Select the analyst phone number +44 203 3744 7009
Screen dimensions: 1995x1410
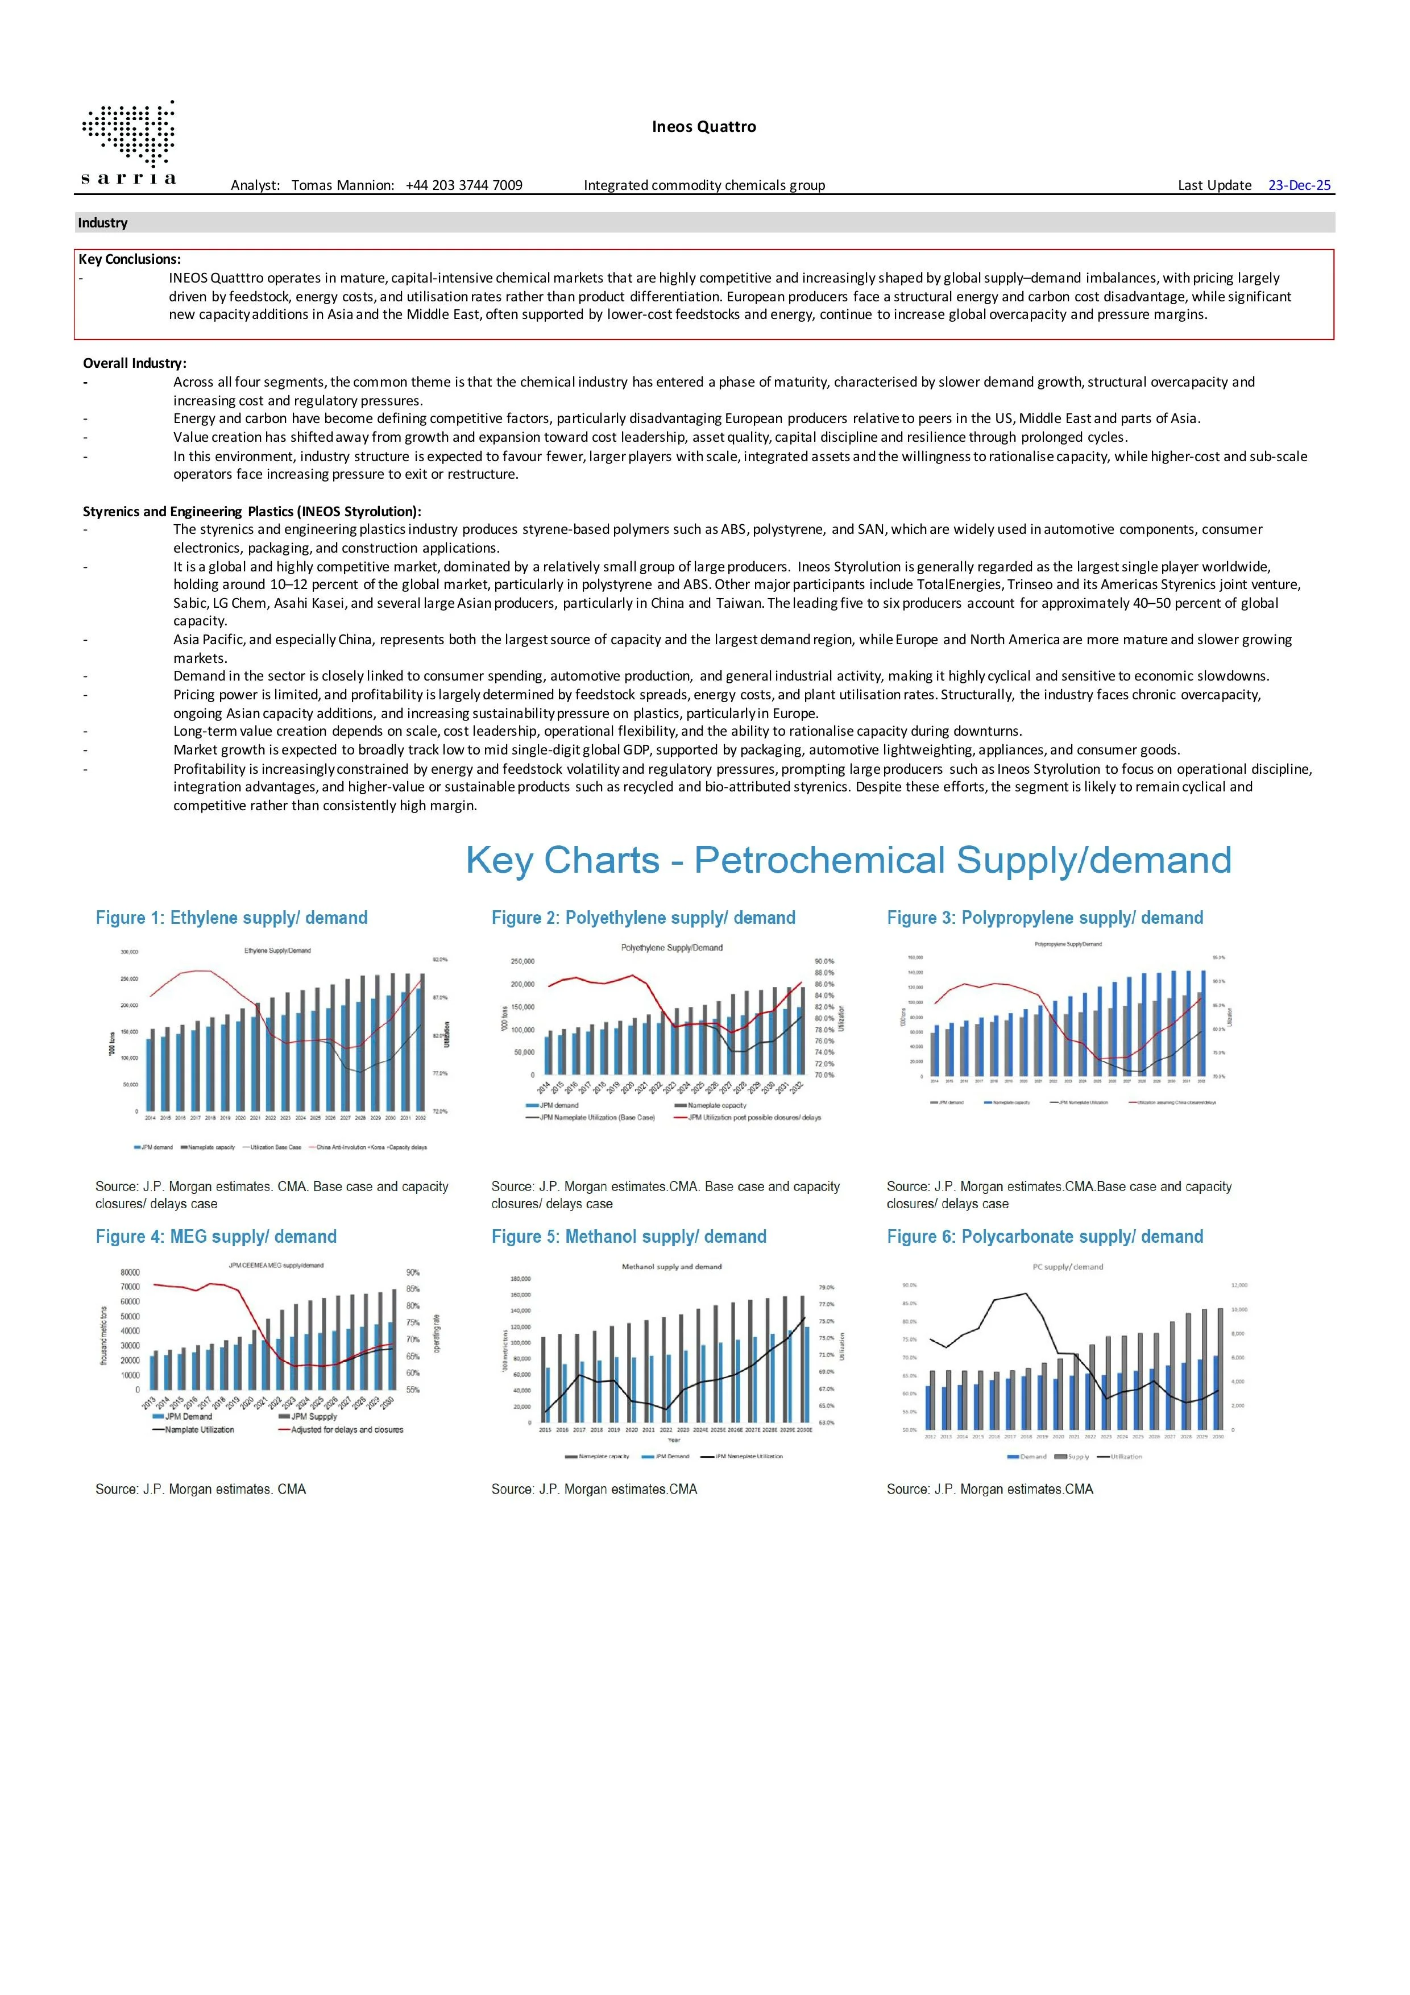(464, 185)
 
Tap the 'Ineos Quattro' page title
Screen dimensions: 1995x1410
(704, 127)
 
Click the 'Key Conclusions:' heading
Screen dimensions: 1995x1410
(130, 259)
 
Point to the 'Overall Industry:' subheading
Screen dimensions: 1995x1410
(135, 363)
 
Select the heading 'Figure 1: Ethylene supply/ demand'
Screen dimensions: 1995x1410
(231, 918)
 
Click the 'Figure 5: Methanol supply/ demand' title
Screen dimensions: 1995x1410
(629, 1237)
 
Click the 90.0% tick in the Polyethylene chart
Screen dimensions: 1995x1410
(824, 962)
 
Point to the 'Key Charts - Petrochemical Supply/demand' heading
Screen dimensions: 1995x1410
(848, 860)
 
